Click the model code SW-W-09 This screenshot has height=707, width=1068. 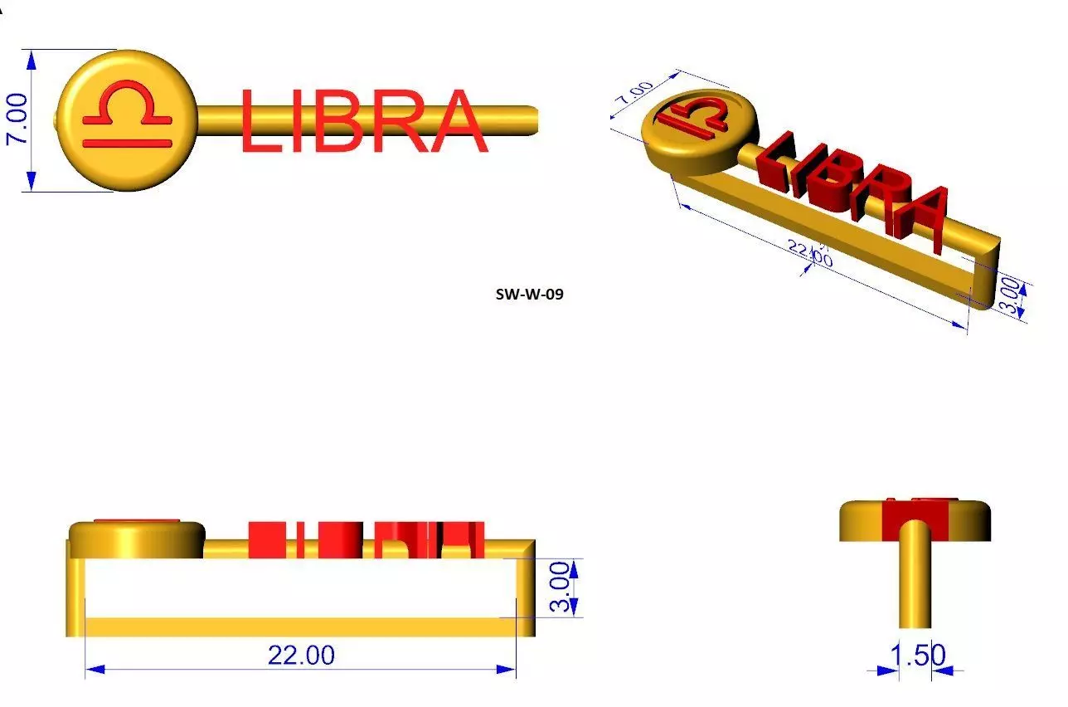529,293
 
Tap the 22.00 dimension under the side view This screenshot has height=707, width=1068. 301,655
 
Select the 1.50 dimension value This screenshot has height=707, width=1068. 917,655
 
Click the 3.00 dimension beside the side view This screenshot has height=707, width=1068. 561,588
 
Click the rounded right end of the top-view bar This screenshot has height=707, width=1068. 531,119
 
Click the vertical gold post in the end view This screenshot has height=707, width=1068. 915,581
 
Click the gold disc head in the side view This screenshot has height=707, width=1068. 137,540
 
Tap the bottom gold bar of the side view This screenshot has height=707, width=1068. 299,627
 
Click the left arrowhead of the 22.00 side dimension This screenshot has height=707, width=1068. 91,669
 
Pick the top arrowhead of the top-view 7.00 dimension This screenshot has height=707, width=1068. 32,56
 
